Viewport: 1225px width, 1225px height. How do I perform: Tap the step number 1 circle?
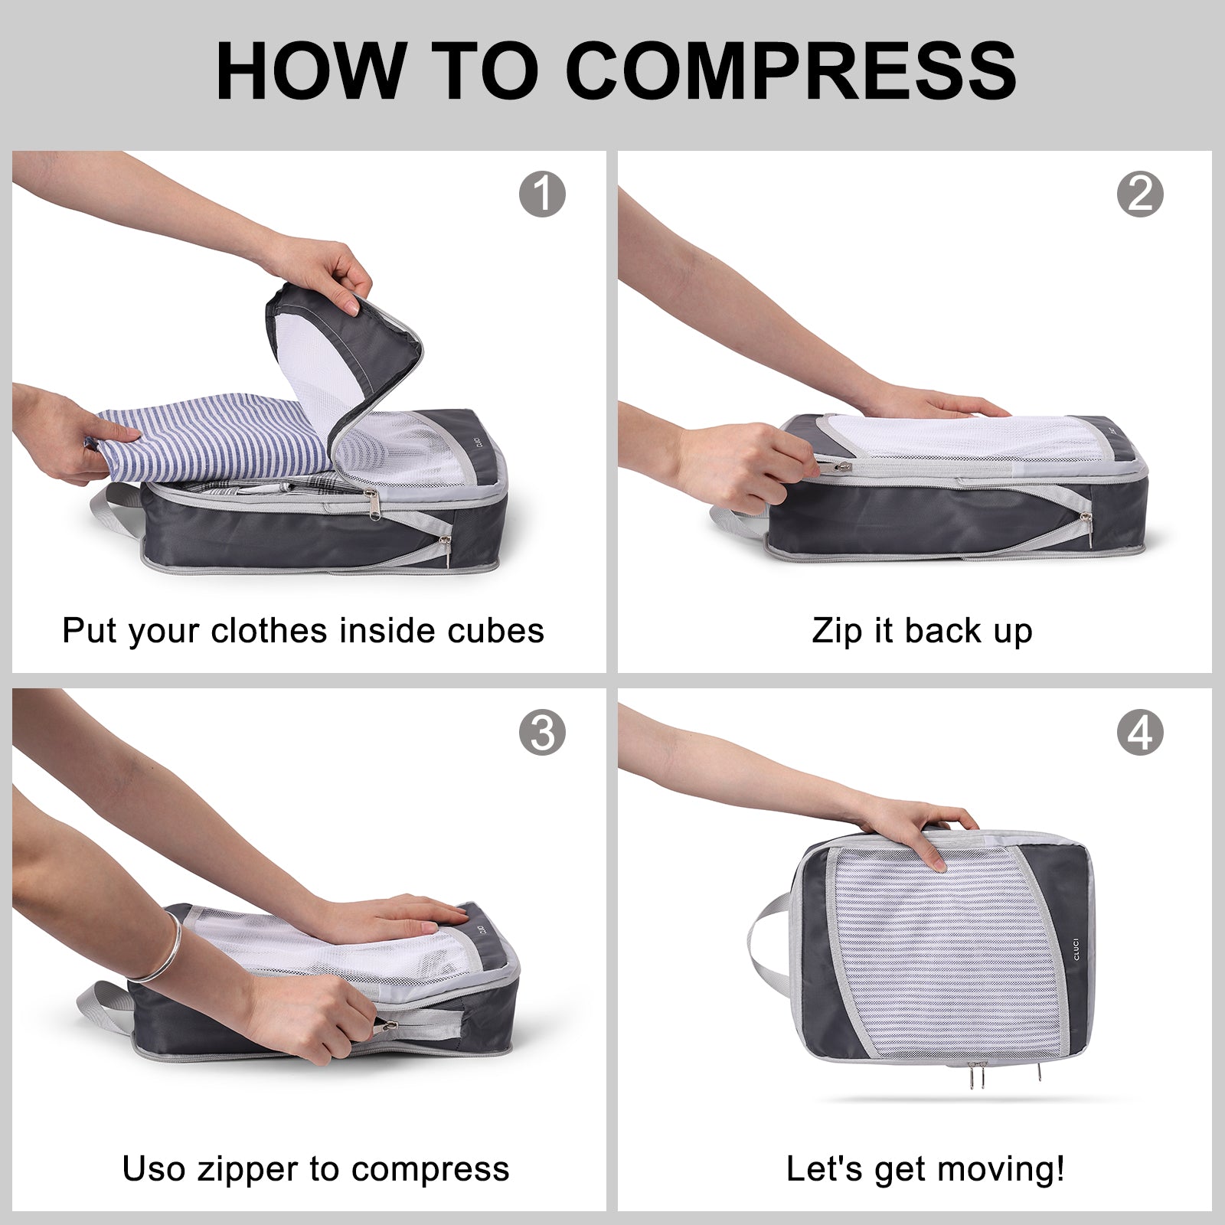pyautogui.click(x=542, y=194)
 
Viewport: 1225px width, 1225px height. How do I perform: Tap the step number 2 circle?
pyautogui.click(x=1139, y=194)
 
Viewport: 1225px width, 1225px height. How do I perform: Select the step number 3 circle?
pyautogui.click(x=542, y=733)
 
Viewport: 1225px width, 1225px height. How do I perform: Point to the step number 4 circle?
pyautogui.click(x=1139, y=733)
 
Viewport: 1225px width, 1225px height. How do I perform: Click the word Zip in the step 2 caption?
pyautogui.click(x=837, y=631)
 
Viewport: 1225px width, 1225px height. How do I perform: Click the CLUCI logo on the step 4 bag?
pyautogui.click(x=1076, y=943)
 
